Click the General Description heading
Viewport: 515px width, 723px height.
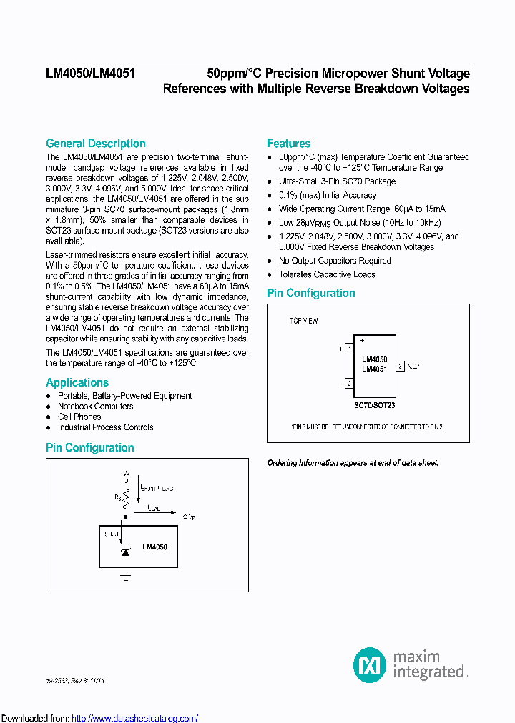pos(95,144)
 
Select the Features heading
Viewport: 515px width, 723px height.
pos(288,144)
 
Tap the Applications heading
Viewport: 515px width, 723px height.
pos(77,382)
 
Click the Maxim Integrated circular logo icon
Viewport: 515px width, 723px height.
pos(370,664)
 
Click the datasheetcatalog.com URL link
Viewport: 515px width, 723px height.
pos(135,718)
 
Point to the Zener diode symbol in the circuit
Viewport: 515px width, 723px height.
pos(125,552)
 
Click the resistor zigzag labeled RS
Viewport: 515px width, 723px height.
pos(126,497)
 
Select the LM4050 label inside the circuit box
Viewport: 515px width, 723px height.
pos(154,547)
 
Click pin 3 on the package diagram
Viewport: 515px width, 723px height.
pos(401,366)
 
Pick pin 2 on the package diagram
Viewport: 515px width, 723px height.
pos(348,384)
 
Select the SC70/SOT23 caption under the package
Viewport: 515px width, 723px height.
pos(374,405)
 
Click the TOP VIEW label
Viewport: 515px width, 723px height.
pos(304,321)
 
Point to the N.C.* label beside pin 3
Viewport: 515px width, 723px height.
pos(413,366)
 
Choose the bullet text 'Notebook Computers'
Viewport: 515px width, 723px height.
pos(95,407)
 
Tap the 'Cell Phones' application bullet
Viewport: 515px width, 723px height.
pos(79,417)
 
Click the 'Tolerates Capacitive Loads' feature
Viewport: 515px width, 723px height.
pos(327,274)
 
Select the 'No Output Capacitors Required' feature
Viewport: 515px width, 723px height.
pos(335,261)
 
